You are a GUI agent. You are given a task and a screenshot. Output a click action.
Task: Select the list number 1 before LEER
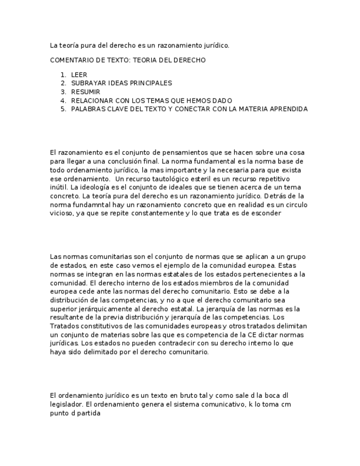click(x=63, y=74)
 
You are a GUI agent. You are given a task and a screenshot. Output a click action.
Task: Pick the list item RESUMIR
click(x=86, y=92)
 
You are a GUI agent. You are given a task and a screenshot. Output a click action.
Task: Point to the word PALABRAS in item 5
click(x=90, y=109)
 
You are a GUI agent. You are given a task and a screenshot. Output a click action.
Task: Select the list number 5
click(x=63, y=109)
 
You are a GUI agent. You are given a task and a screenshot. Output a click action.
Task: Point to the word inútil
click(x=59, y=187)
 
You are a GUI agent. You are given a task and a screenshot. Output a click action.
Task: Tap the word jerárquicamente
click(x=101, y=309)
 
